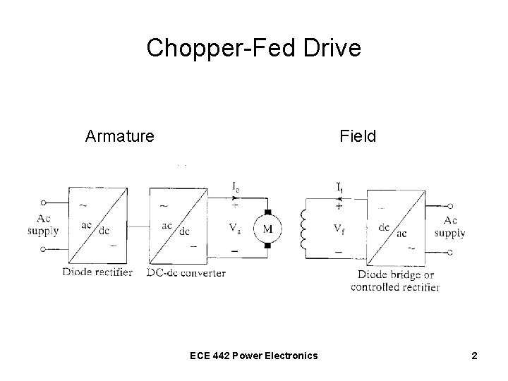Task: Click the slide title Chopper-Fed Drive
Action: (253, 48)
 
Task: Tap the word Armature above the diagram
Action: (119, 135)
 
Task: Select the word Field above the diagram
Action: (358, 135)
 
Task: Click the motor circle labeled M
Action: (267, 229)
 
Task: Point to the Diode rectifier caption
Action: (97, 272)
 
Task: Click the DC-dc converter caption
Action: (187, 272)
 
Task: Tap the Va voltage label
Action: (236, 229)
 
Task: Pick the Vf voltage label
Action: (339, 229)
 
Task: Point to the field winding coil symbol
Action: (306, 229)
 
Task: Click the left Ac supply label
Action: (43, 225)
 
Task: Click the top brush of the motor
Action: (267, 212)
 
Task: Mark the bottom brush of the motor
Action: (267, 245)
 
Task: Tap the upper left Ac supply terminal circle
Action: (44, 202)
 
